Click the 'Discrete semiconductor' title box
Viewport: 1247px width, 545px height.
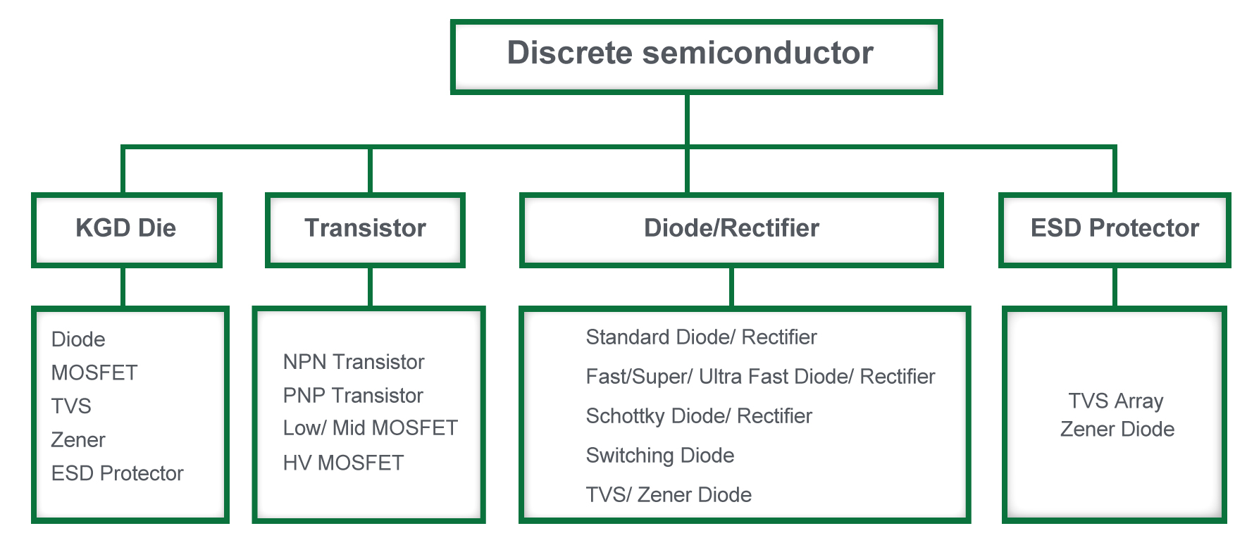tap(696, 56)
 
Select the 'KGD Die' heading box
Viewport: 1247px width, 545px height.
tap(127, 230)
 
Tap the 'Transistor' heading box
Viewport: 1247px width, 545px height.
tap(365, 230)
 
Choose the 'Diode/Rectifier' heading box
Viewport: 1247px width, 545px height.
tap(731, 230)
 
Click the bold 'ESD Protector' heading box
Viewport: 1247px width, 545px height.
tap(1115, 230)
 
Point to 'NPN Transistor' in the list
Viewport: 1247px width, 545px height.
tap(354, 362)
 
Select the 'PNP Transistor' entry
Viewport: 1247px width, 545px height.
tap(353, 396)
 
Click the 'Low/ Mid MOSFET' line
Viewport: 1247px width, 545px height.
tap(371, 428)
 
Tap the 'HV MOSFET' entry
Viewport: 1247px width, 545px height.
tap(344, 463)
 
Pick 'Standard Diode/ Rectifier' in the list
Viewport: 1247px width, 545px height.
tap(702, 337)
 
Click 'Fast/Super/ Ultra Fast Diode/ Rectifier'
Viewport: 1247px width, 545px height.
tap(761, 377)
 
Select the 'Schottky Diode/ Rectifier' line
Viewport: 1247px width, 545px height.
tap(699, 416)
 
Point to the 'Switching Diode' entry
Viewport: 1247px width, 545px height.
tap(660, 456)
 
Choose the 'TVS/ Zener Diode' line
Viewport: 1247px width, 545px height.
tap(669, 495)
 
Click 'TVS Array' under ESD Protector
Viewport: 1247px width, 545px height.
tap(1116, 401)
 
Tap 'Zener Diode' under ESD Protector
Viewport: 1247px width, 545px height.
tap(1117, 429)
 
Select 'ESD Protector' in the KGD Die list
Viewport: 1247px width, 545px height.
tap(117, 473)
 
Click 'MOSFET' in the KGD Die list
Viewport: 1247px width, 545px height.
tap(94, 372)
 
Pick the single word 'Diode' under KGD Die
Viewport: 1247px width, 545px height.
tap(78, 339)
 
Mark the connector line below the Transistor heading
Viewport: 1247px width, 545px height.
tap(370, 287)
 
